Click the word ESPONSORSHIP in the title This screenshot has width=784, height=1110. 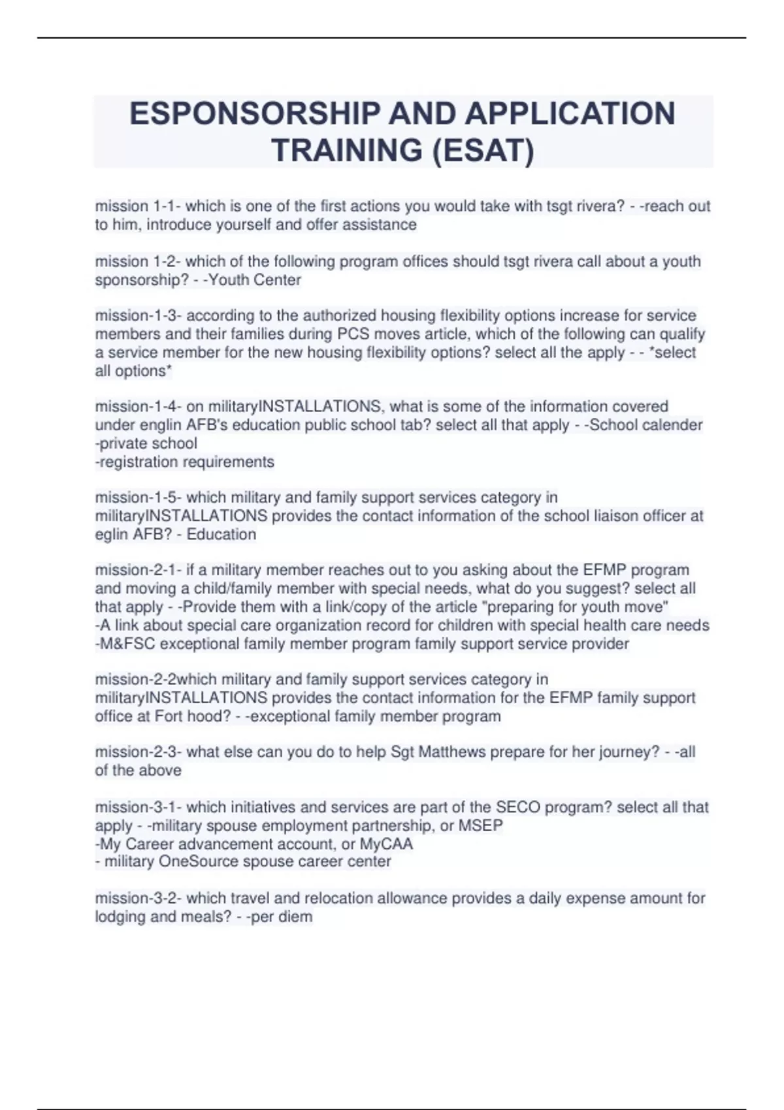[253, 114]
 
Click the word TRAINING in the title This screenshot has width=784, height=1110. [346, 150]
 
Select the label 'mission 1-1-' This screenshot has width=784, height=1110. [138, 206]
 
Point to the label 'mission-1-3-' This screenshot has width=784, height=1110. [139, 315]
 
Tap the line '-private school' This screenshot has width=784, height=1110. [146, 443]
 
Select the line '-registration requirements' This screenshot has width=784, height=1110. [185, 462]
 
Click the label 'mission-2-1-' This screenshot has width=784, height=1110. [139, 570]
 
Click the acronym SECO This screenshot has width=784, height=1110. [518, 807]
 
